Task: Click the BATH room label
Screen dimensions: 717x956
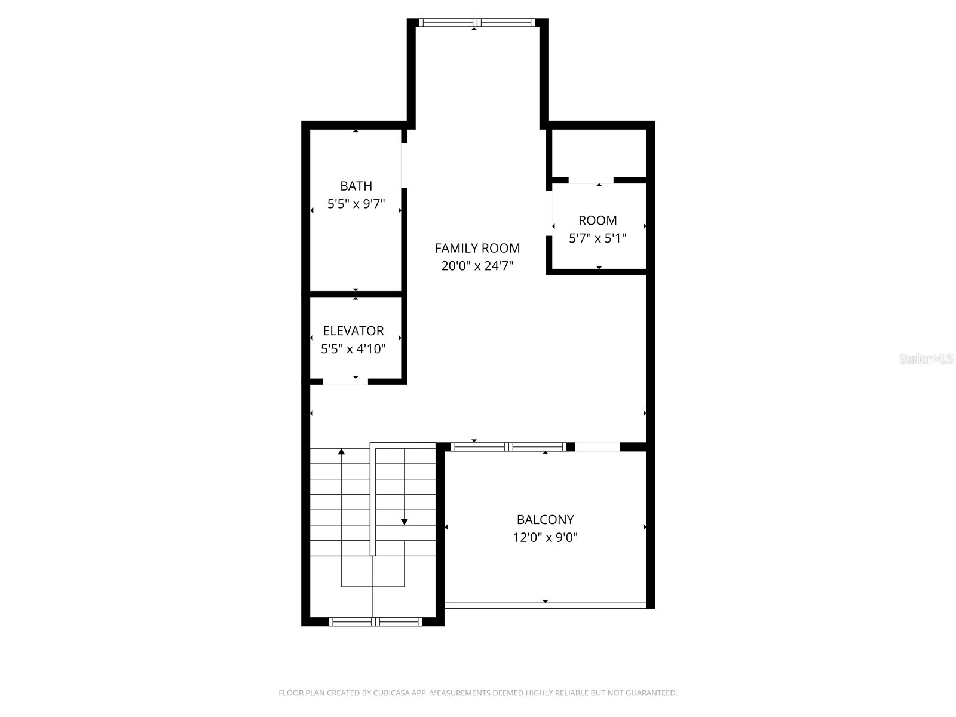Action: (x=356, y=186)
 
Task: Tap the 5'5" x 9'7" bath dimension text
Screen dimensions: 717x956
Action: (x=356, y=204)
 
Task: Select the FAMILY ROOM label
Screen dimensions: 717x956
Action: (x=477, y=248)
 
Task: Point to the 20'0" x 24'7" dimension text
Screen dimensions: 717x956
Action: (x=477, y=266)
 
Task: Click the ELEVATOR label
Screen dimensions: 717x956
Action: (x=353, y=331)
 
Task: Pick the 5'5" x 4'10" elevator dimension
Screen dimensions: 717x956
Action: (x=353, y=349)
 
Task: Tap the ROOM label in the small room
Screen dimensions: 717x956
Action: (x=597, y=220)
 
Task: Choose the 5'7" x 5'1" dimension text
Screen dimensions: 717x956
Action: (x=597, y=238)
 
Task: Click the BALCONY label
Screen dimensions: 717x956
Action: (x=545, y=520)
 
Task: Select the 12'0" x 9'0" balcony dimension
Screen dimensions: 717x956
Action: (x=545, y=538)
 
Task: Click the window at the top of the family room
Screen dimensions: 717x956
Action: (x=476, y=23)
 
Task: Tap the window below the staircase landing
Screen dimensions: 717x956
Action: (x=375, y=622)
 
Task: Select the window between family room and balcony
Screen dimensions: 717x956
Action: (x=508, y=446)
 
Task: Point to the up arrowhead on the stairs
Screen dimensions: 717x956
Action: (x=341, y=452)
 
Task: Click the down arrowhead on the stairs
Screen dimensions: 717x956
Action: (x=404, y=522)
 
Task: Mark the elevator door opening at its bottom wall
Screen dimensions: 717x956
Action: (x=345, y=381)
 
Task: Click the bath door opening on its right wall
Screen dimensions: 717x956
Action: (x=404, y=166)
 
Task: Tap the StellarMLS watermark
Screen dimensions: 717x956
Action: (x=926, y=359)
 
